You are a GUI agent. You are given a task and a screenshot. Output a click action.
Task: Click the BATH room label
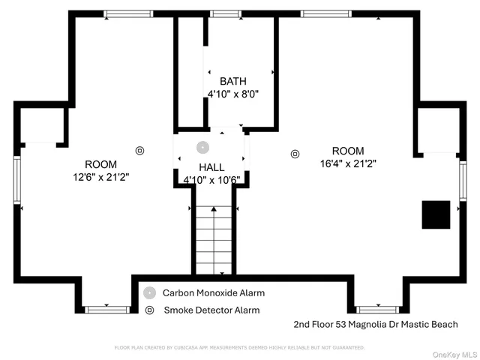(x=232, y=81)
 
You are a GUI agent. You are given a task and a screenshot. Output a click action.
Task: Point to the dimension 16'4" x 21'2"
(x=347, y=163)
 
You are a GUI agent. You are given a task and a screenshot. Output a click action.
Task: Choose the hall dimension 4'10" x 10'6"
(x=211, y=180)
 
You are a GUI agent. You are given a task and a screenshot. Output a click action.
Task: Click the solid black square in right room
(x=435, y=215)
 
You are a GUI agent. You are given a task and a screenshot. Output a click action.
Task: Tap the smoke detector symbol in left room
(x=139, y=150)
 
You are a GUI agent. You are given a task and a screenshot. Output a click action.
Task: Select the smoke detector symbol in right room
(x=294, y=154)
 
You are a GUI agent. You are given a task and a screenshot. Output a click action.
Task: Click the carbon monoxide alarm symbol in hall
(x=202, y=147)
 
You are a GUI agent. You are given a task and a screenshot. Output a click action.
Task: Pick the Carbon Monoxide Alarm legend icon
(x=150, y=293)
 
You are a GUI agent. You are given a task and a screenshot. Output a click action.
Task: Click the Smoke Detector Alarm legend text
(x=211, y=310)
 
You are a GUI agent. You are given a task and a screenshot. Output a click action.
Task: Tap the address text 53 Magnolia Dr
(x=369, y=325)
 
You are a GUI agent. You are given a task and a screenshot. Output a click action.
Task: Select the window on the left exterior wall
(x=17, y=180)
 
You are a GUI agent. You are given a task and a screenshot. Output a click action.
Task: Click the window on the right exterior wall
(x=463, y=181)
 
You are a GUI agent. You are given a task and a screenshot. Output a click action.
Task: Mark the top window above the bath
(x=224, y=13)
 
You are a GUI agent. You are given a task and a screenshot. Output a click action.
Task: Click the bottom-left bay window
(x=107, y=309)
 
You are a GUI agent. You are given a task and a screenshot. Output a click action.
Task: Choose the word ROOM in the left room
(x=100, y=164)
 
